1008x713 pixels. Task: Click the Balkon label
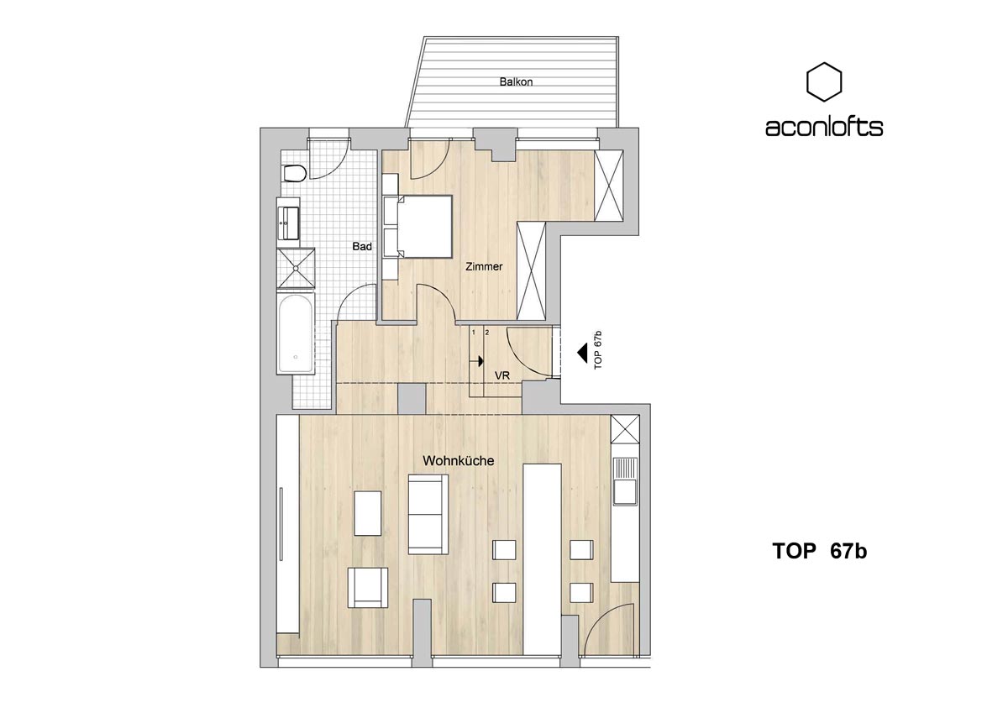pos(516,81)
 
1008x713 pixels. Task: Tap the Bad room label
pos(362,247)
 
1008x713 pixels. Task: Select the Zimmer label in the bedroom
pos(484,266)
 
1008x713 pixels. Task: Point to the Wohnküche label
pos(458,461)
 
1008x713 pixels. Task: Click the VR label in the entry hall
pos(502,375)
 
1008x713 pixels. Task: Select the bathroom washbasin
pos(288,223)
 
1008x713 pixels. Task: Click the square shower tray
pos(296,268)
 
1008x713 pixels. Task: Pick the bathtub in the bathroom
pos(295,333)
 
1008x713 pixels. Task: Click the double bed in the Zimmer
pos(417,226)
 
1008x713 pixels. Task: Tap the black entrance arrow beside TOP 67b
pos(582,353)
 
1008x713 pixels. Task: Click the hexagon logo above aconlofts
pos(823,81)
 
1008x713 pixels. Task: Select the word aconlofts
pos(824,128)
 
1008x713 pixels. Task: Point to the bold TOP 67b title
pos(820,551)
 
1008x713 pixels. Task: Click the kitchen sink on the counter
pos(625,482)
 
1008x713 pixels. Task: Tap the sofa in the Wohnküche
pos(428,515)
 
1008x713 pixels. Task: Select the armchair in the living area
pos(368,588)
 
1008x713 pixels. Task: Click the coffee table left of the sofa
pos(368,513)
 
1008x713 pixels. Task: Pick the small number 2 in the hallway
pos(487,333)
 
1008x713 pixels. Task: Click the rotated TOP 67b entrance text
pos(597,350)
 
